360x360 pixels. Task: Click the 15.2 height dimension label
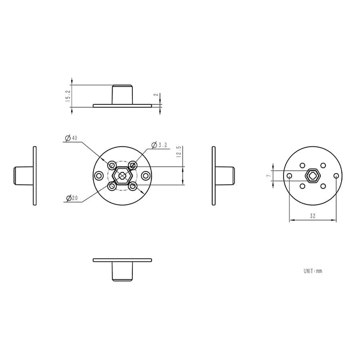[x=68, y=96]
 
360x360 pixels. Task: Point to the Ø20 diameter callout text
[x=72, y=198]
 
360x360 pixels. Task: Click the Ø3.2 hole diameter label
[x=160, y=145]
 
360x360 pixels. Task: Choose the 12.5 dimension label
[x=179, y=151]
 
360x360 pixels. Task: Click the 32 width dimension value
[x=312, y=216]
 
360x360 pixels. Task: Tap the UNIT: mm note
[x=313, y=271]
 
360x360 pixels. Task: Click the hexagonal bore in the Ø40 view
[x=122, y=175]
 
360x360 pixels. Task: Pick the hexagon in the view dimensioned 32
[x=313, y=175]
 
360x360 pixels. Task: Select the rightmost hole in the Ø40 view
[x=145, y=175]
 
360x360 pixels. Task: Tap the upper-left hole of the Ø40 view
[x=112, y=165]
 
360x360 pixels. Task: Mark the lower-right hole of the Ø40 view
[x=132, y=185]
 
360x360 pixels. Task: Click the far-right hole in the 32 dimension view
[x=336, y=175]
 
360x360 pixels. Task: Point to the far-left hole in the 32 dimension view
[x=289, y=175]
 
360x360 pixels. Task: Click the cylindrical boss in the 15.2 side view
[x=122, y=94]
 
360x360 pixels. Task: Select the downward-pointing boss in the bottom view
[x=122, y=271]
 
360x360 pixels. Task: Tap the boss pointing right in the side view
[x=225, y=175]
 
